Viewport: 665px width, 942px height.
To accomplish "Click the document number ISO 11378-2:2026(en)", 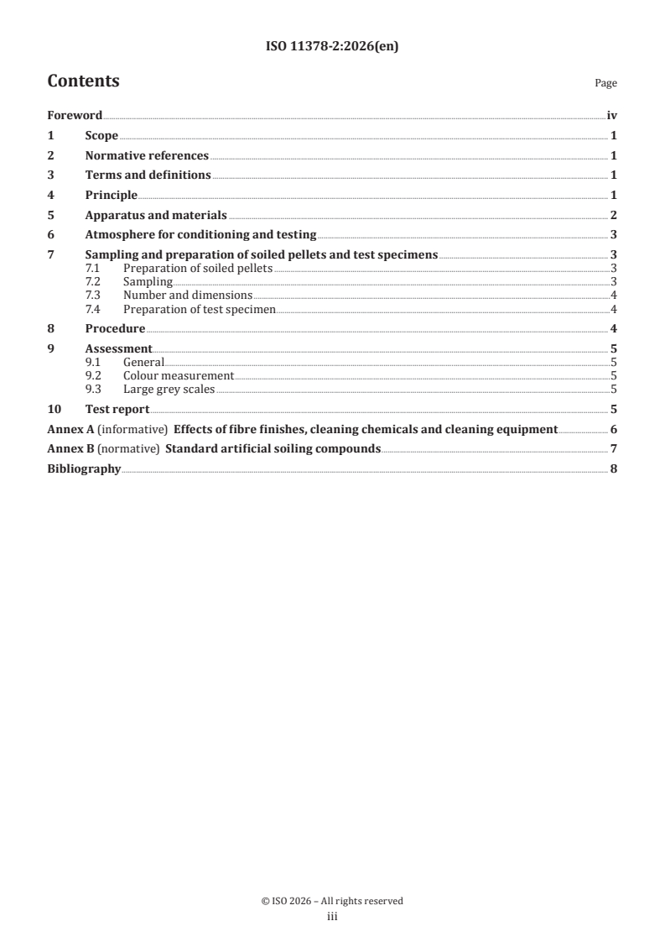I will tap(332, 47).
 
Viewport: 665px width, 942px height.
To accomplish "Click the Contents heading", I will tap(83, 81).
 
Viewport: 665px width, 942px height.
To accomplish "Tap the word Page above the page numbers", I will tap(605, 83).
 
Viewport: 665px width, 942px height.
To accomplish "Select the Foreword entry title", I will tap(74, 116).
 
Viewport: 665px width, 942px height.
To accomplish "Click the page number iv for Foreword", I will tap(611, 116).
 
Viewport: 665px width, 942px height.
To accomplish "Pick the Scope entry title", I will tap(101, 136).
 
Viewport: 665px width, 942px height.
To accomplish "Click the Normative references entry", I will tap(147, 155).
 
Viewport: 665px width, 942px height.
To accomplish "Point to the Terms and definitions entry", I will tap(148, 175).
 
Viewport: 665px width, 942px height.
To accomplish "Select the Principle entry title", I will tap(111, 195).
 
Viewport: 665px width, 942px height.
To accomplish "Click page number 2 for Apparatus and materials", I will tap(614, 215).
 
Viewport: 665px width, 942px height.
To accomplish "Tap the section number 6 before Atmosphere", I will tap(51, 234).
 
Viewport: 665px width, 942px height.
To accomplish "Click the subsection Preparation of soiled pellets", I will tap(197, 269).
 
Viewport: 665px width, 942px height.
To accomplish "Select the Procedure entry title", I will tap(115, 328).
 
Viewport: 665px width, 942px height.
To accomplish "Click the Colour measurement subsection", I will tap(178, 376).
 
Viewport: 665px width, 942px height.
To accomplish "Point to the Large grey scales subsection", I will tap(169, 390).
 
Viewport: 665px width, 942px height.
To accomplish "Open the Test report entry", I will tap(117, 409).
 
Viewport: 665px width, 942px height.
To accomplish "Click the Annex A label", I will tap(70, 429).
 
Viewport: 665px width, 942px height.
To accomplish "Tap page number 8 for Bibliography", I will tap(614, 468).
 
